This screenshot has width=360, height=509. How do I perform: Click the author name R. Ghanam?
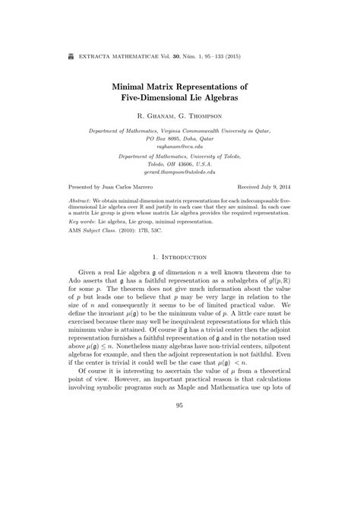(155, 119)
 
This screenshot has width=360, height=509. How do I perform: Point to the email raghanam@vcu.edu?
(179, 147)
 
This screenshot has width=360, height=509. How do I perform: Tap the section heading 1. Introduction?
(179, 278)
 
